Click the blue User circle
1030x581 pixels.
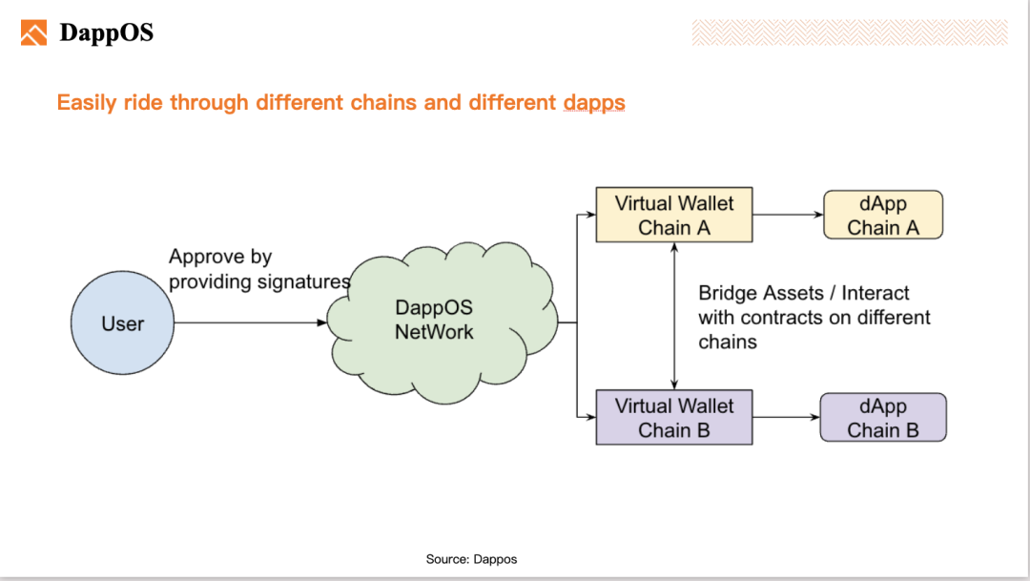pos(122,322)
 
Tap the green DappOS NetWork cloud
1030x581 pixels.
pos(443,322)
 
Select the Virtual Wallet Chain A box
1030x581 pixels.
pos(674,215)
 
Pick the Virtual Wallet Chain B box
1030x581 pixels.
pos(674,417)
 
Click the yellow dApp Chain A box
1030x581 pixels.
pos(883,215)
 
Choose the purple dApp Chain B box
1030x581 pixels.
pos(883,417)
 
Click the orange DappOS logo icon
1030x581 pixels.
pos(33,32)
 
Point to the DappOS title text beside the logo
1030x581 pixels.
pos(107,32)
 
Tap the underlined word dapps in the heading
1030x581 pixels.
pos(594,103)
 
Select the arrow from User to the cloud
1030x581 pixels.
pos(250,322)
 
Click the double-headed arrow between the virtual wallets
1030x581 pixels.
pos(674,316)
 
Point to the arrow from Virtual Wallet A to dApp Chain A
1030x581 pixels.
pos(789,215)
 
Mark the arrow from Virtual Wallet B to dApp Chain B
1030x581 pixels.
pos(786,417)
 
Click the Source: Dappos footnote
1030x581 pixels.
pos(472,559)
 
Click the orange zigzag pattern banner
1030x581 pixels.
pos(850,32)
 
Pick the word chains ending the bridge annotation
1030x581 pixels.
pos(727,342)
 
